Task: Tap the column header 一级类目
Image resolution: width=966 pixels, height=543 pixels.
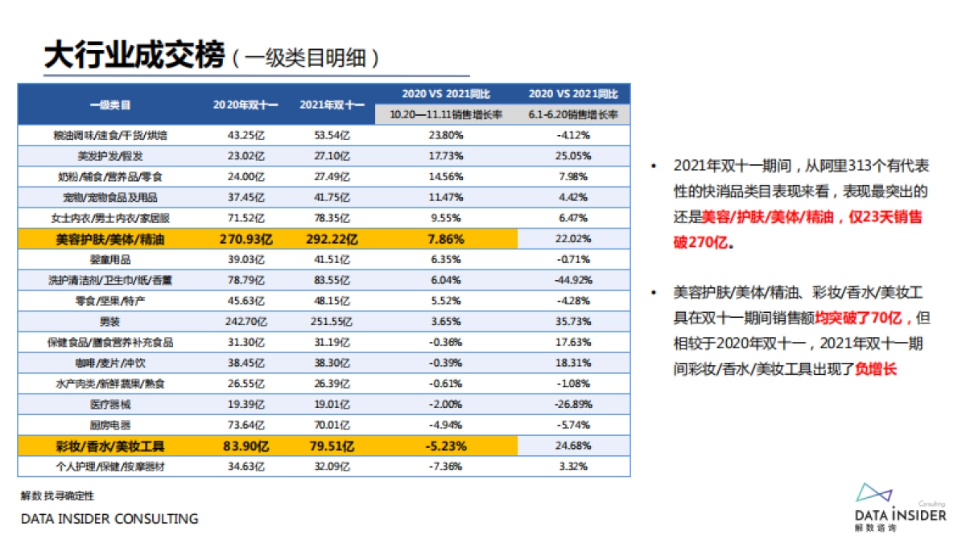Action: pyautogui.click(x=110, y=105)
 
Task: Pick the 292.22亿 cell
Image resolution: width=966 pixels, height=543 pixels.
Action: pyautogui.click(x=332, y=238)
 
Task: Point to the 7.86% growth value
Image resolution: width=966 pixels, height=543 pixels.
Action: pyautogui.click(x=445, y=238)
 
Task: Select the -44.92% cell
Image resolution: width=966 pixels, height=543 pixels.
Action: pyautogui.click(x=574, y=280)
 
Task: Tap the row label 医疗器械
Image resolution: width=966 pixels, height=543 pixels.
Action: pyautogui.click(x=110, y=404)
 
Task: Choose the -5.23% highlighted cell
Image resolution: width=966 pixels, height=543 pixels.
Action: pyautogui.click(x=445, y=445)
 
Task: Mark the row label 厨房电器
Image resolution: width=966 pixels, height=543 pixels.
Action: pyautogui.click(x=110, y=425)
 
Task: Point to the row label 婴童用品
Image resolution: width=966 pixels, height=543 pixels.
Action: pyautogui.click(x=110, y=260)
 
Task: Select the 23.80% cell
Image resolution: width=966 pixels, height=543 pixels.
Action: pyautogui.click(x=445, y=135)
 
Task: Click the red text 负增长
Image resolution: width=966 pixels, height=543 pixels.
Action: pyautogui.click(x=876, y=369)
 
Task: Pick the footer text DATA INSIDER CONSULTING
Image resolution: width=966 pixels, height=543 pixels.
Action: pyautogui.click(x=109, y=519)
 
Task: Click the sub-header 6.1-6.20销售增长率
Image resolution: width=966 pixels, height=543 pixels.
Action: pyautogui.click(x=574, y=115)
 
